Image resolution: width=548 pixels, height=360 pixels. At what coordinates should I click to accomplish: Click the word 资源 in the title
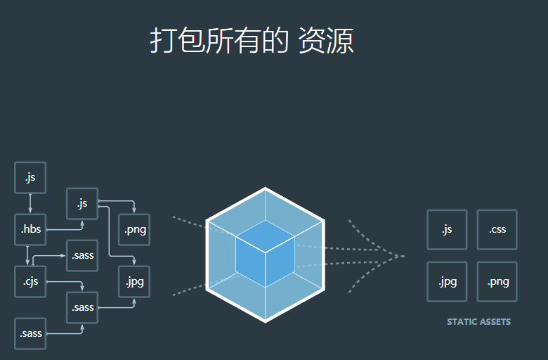coord(326,41)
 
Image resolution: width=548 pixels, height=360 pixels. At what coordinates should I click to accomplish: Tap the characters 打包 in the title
coord(177,41)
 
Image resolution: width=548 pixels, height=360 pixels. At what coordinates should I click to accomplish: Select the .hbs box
coord(30,229)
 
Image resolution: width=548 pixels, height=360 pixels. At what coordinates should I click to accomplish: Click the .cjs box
coord(30,282)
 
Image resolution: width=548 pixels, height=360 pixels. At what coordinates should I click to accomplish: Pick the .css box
coord(497,229)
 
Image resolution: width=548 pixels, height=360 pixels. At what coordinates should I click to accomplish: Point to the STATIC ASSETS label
coord(479,322)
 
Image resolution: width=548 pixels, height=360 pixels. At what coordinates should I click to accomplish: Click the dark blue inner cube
coord(266,254)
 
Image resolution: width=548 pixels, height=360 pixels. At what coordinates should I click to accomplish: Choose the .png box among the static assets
coord(497,282)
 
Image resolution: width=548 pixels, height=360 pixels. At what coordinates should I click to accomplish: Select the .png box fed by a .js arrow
coord(134,229)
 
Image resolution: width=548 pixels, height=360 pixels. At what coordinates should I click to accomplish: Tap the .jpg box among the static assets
coord(447,282)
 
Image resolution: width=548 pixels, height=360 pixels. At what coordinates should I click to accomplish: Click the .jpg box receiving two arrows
coord(134,282)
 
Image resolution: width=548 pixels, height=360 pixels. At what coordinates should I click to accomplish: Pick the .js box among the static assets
coord(447,229)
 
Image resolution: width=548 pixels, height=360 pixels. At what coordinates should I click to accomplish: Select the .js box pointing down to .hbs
coord(30,177)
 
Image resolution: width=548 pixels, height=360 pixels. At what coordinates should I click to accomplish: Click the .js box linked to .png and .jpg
coord(82,204)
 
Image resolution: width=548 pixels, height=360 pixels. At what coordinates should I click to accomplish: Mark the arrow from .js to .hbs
coord(30,204)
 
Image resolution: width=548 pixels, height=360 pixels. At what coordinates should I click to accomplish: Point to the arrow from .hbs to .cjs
coord(27,255)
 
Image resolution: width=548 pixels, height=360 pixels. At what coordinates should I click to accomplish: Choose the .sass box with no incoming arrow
coord(30,333)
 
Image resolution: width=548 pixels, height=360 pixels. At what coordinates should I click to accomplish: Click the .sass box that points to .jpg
coord(82,307)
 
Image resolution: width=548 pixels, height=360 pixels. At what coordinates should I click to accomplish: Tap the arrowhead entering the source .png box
coord(134,210)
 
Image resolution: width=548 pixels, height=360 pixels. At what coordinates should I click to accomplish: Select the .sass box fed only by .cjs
coord(82,255)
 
